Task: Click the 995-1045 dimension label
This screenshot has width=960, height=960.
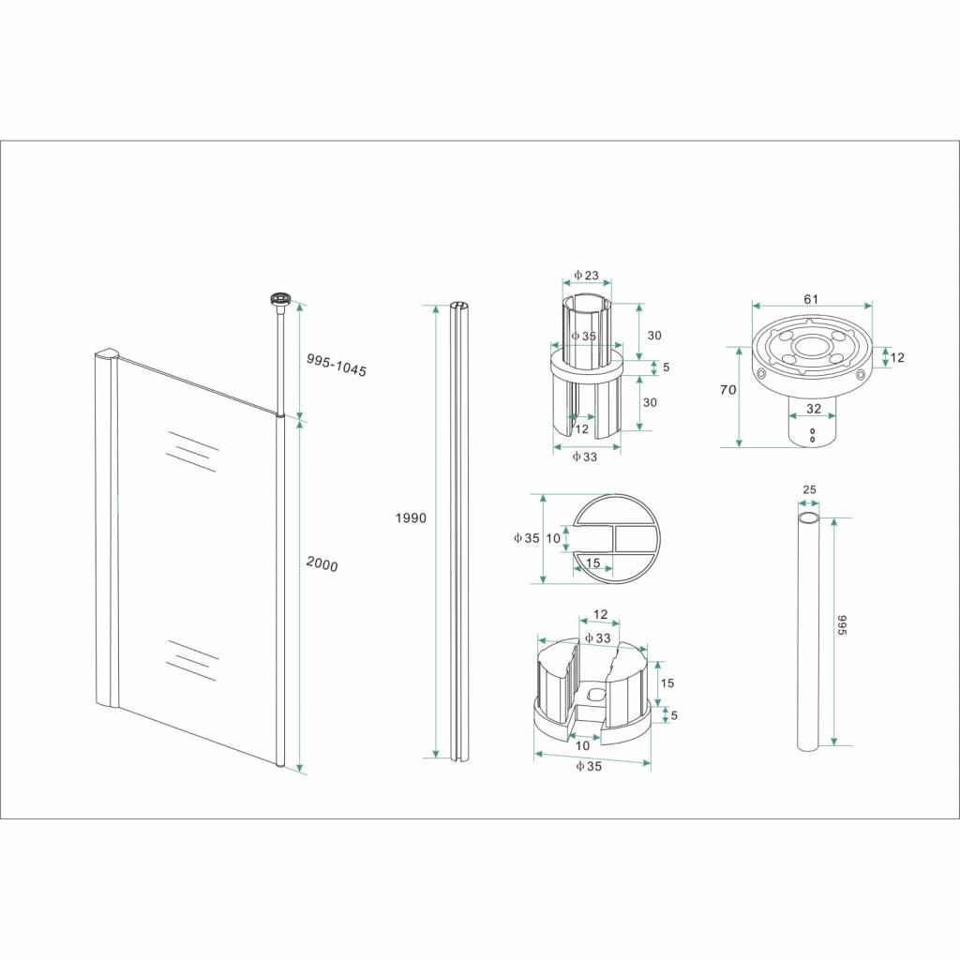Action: [337, 366]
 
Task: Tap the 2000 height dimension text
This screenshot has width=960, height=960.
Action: [322, 564]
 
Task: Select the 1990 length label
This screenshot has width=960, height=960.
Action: [411, 517]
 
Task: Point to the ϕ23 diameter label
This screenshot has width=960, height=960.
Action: [586, 276]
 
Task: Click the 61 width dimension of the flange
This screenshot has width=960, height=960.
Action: [811, 299]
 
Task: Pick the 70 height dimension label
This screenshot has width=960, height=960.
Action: [727, 389]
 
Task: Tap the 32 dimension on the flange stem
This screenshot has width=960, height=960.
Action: [813, 408]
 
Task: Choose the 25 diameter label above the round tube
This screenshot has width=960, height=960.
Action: [809, 489]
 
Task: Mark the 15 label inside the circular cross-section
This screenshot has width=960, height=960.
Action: [592, 562]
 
